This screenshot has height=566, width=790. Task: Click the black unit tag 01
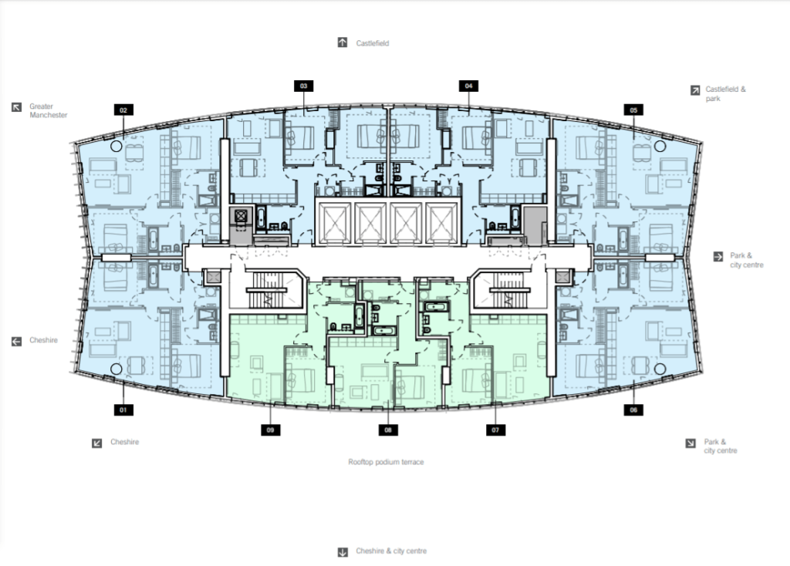tap(123, 410)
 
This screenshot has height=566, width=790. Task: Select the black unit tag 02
tap(123, 109)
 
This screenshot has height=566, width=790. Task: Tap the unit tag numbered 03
tap(303, 86)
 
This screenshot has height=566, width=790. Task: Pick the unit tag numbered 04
tap(468, 86)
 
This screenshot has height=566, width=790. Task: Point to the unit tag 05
tap(633, 109)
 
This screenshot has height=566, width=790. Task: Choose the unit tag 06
tap(633, 410)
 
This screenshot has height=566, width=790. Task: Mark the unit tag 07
tap(495, 430)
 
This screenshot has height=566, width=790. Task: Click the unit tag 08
tap(388, 430)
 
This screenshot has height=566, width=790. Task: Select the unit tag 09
tap(271, 430)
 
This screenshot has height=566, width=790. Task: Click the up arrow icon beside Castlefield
tap(343, 42)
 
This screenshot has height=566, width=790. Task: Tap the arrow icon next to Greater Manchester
tap(17, 106)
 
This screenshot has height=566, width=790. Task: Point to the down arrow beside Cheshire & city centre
tap(343, 552)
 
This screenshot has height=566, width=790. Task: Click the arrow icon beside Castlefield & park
tap(695, 90)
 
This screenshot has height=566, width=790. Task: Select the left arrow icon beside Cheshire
tap(17, 342)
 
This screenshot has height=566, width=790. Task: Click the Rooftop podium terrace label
tap(386, 462)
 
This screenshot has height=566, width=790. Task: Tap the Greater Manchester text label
tap(49, 111)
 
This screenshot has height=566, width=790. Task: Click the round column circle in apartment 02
tap(116, 146)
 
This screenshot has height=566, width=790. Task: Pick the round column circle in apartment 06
tap(660, 369)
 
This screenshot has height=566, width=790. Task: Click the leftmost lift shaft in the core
tap(335, 224)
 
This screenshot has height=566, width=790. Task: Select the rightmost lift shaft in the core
tap(441, 224)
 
